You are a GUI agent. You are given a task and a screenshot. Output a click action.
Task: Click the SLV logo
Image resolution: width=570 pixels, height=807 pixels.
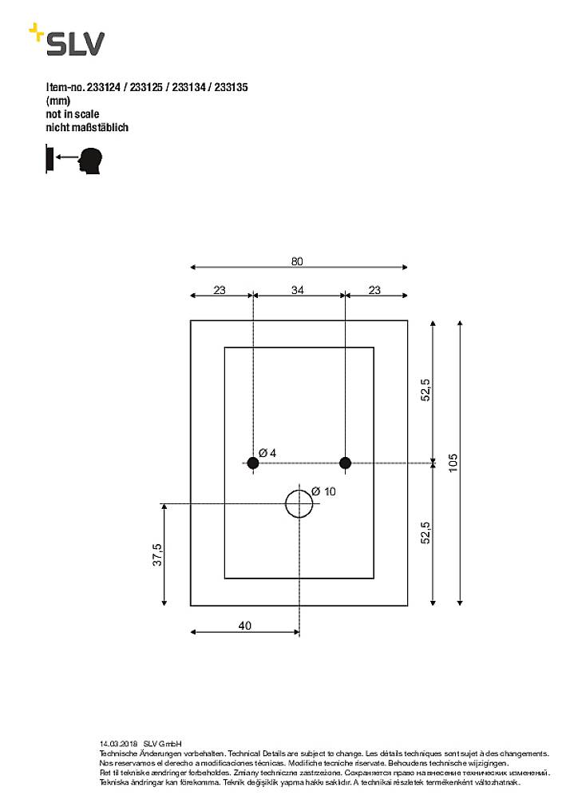pyautogui.click(x=67, y=41)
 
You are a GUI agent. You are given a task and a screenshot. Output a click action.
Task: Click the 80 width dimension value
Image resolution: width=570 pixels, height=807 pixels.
pyautogui.click(x=297, y=261)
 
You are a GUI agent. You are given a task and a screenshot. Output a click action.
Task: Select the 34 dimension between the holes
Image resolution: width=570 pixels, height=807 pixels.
pyautogui.click(x=297, y=290)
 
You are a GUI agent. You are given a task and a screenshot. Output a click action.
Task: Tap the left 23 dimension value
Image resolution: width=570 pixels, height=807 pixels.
pyautogui.click(x=220, y=290)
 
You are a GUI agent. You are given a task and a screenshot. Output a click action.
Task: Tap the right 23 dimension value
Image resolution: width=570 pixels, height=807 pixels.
pyautogui.click(x=374, y=290)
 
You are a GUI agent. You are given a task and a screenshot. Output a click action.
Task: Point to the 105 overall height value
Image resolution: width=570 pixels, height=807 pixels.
pyautogui.click(x=453, y=463)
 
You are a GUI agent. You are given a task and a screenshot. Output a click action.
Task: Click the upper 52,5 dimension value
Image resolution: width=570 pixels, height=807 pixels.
pyautogui.click(x=426, y=390)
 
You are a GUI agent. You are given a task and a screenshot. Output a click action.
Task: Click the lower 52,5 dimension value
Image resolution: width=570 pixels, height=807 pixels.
pyautogui.click(x=426, y=532)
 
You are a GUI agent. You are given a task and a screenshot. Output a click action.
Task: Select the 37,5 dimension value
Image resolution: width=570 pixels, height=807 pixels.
pyautogui.click(x=158, y=555)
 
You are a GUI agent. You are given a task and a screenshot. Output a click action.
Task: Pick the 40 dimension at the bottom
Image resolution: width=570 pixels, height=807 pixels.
pyautogui.click(x=244, y=626)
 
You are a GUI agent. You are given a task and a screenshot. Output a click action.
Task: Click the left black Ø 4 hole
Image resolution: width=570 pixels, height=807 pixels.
pyautogui.click(x=252, y=463)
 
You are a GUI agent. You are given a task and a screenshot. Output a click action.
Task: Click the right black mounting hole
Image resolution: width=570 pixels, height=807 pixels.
pyautogui.click(x=345, y=463)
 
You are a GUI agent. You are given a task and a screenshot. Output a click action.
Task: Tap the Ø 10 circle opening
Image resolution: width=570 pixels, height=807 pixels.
pyautogui.click(x=299, y=503)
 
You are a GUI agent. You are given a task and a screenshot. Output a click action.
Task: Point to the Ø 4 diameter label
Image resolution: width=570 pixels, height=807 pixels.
pyautogui.click(x=267, y=453)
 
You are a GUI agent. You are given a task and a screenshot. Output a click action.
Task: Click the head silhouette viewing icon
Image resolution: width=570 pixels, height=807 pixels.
pyautogui.click(x=90, y=159)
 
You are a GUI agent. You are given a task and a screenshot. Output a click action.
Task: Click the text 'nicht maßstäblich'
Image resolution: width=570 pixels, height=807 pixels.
pyautogui.click(x=87, y=127)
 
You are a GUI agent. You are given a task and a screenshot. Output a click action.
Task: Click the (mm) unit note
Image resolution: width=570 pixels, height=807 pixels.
pyautogui.click(x=58, y=101)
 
